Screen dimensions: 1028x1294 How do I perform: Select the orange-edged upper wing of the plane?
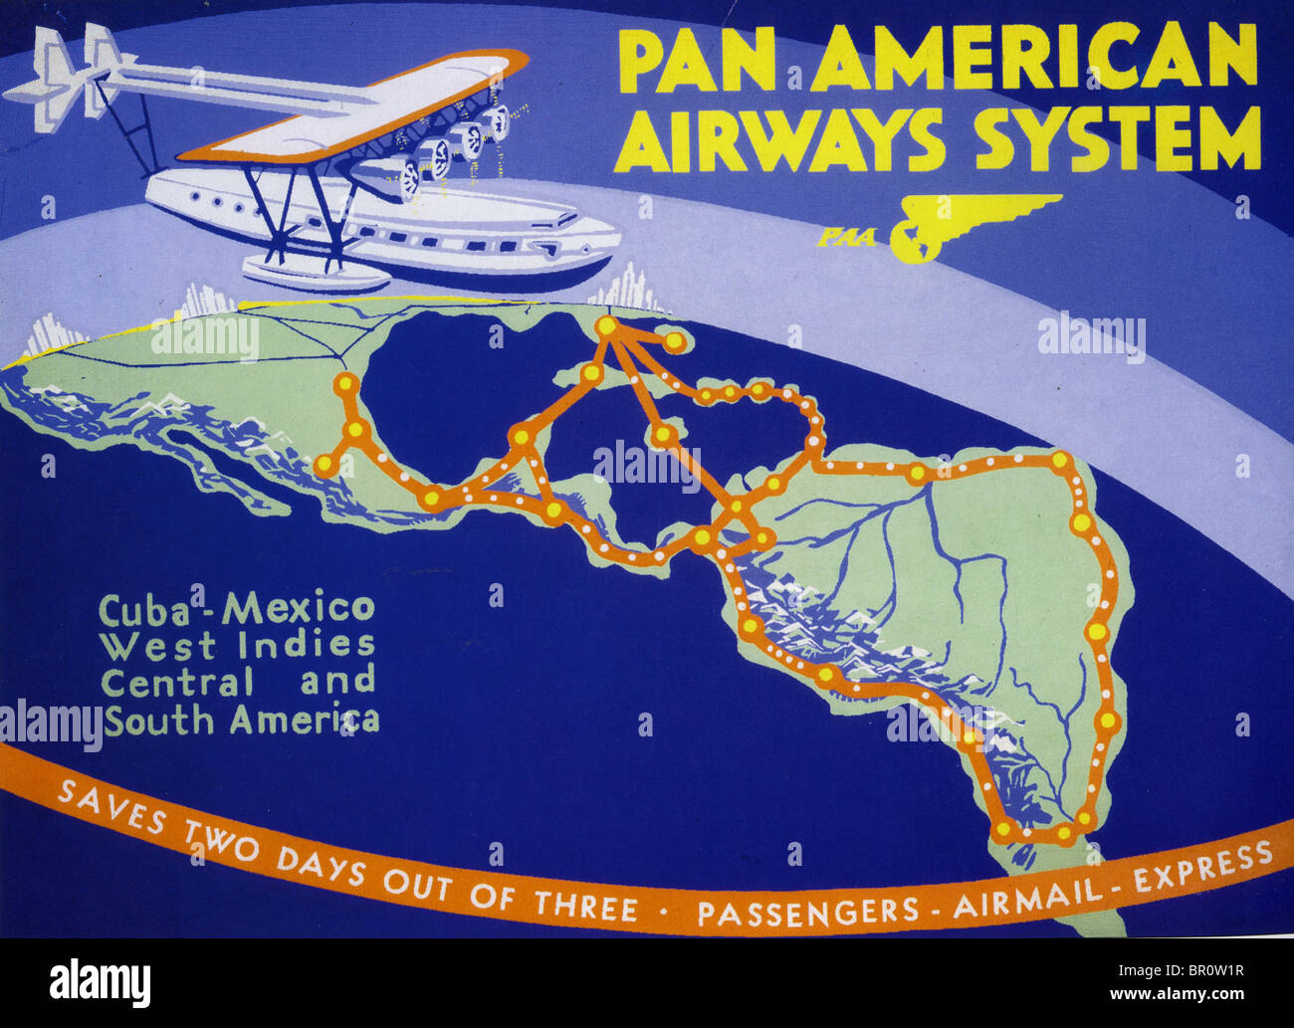[358, 109]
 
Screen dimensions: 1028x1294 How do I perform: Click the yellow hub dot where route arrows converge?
[606, 325]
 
